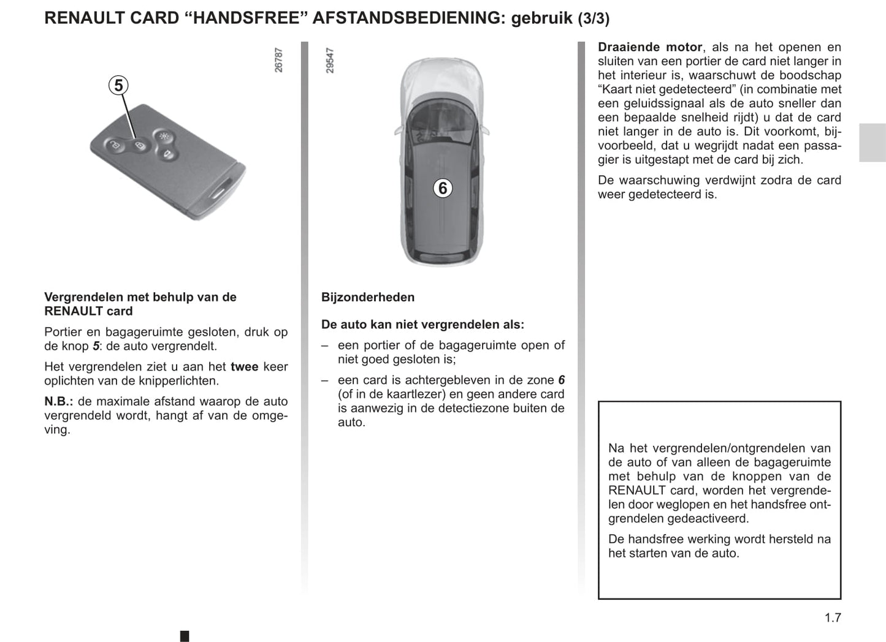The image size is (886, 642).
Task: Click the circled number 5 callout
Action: point(119,85)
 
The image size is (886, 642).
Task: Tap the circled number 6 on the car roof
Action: point(443,188)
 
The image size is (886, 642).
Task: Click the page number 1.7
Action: point(832,617)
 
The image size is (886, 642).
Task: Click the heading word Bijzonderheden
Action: point(368,297)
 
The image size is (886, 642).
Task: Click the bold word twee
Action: point(244,366)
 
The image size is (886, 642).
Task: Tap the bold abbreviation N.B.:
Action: point(59,401)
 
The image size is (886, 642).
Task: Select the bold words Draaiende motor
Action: point(650,47)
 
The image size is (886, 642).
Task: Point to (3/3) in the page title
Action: point(594,19)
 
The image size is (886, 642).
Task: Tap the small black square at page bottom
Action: point(185,636)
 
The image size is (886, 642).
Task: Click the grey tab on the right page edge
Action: point(872,143)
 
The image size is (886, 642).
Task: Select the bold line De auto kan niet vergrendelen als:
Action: point(422,325)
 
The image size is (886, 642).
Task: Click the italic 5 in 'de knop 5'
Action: point(95,346)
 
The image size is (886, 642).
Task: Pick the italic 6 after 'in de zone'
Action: point(561,380)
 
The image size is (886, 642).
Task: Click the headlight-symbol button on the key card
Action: point(162,136)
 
